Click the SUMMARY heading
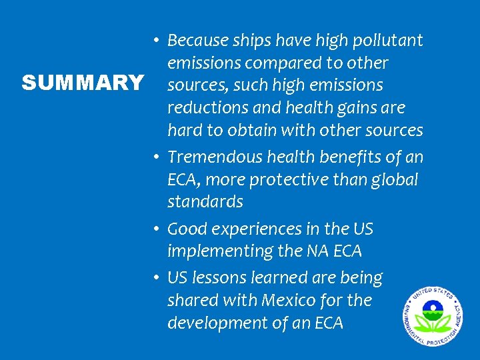click(82, 83)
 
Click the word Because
click(196, 41)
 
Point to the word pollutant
click(389, 41)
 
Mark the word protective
click(299, 180)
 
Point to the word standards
click(205, 201)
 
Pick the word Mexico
click(300, 300)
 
